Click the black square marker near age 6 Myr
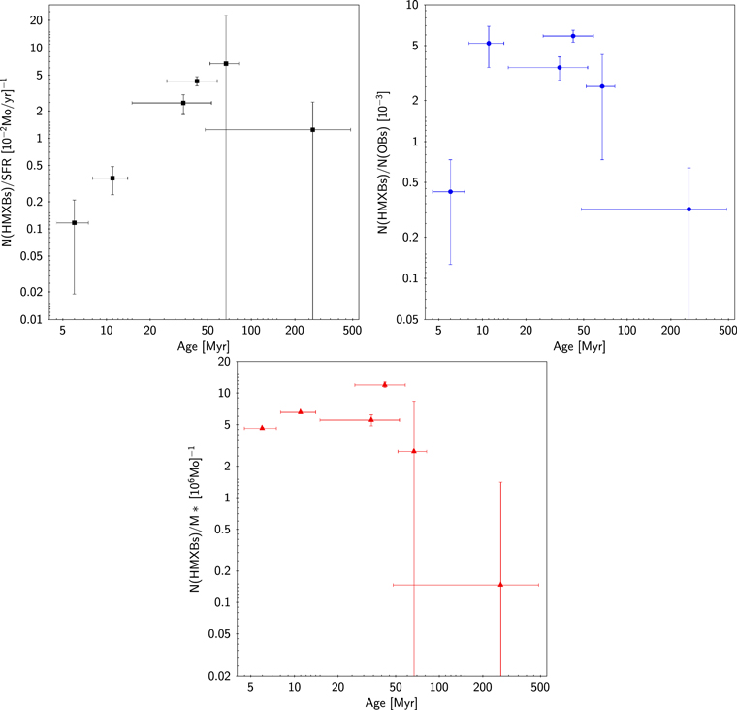[x=74, y=223]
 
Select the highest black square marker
[x=225, y=64]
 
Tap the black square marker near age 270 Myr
[x=312, y=130]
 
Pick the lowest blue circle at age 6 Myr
[x=450, y=192]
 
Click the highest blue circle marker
[x=573, y=36]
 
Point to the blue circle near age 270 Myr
[x=689, y=210]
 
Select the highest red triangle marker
[x=385, y=384]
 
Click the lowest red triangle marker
[x=500, y=585]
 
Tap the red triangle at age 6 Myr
[x=262, y=428]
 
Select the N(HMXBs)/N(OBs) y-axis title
[x=388, y=165]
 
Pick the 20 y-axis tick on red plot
[x=227, y=362]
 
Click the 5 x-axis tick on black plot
[x=63, y=331]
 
